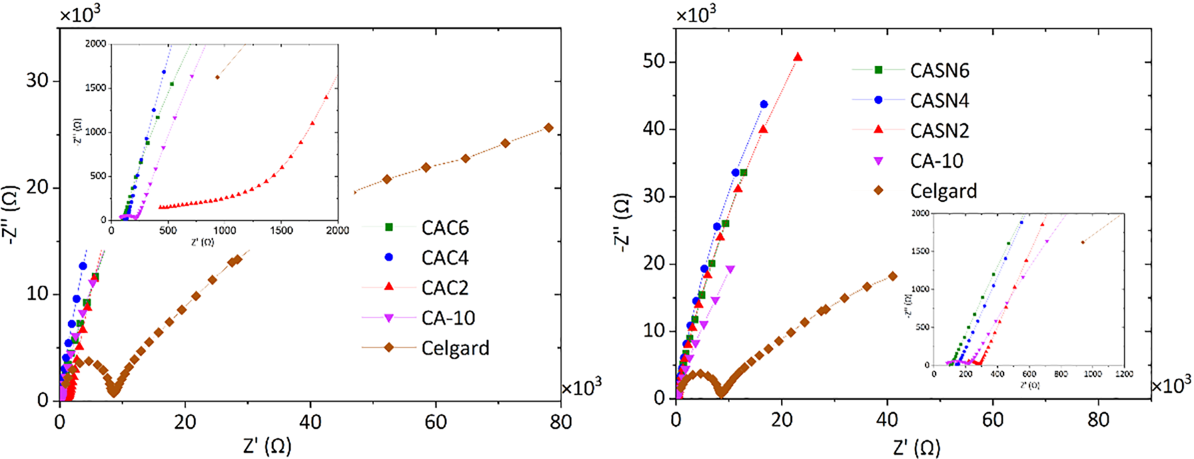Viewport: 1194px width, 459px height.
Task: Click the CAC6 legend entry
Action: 444,228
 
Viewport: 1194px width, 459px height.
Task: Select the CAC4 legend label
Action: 444,258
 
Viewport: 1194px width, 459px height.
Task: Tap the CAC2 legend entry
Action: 444,288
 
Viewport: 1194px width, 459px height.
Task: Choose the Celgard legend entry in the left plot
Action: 454,348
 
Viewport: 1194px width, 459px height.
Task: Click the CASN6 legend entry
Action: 939,70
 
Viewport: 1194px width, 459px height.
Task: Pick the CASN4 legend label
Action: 939,101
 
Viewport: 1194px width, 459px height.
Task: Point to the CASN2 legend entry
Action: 939,131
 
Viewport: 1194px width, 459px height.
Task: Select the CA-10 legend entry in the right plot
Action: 936,161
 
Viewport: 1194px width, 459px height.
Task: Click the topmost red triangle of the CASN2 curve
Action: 797,57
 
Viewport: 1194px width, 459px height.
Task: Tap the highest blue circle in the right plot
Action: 764,104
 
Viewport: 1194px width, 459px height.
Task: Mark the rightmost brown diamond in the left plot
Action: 549,128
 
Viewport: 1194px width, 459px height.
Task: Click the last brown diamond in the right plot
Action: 892,276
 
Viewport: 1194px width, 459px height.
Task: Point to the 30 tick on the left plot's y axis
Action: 37,80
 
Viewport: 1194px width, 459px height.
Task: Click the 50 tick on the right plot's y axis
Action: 654,62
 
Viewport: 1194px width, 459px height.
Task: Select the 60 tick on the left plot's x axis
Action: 435,421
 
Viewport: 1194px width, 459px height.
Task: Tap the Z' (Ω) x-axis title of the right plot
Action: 916,448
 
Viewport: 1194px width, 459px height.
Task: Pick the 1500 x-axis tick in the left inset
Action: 281,231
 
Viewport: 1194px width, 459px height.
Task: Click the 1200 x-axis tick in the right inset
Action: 1124,374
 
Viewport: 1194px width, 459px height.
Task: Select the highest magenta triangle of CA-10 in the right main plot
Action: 730,269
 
